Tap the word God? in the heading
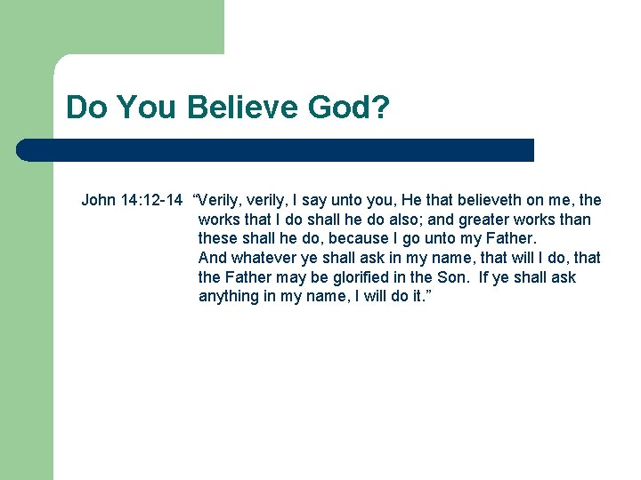[x=348, y=108]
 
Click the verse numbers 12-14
[x=159, y=200]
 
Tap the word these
[x=218, y=239]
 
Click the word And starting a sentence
[x=213, y=259]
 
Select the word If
[x=484, y=278]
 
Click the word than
[x=573, y=220]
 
